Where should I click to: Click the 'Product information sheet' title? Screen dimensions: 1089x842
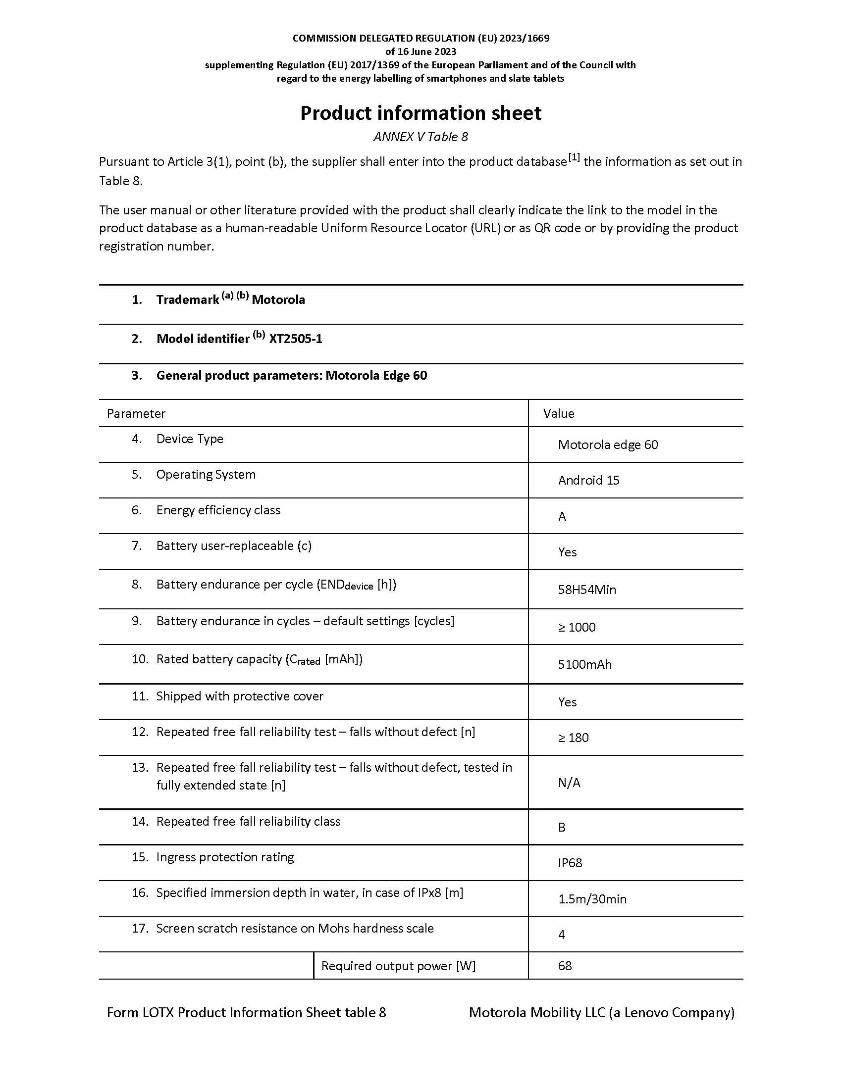tap(421, 113)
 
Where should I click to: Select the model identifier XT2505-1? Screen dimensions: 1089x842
tap(295, 339)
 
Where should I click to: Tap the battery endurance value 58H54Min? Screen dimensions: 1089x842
tap(586, 590)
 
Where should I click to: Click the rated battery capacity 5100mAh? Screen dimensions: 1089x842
tap(584, 665)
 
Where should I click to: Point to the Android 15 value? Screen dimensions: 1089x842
tap(588, 480)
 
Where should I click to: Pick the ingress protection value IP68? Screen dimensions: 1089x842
tap(570, 863)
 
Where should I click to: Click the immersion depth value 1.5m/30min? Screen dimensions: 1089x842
tap(592, 899)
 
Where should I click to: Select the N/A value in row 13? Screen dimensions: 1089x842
tap(569, 783)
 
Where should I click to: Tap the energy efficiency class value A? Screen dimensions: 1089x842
tap(562, 517)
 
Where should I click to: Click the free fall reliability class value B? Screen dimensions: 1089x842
tap(562, 828)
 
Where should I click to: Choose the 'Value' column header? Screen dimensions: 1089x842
tap(559, 413)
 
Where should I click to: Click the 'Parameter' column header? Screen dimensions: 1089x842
tap(136, 413)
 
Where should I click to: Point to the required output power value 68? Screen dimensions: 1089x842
tap(565, 966)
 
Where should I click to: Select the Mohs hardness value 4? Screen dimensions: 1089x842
tap(562, 935)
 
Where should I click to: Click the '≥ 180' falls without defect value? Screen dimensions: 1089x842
tap(573, 738)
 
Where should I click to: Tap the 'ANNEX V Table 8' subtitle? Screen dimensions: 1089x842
tap(421, 137)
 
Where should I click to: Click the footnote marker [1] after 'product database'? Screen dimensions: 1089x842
tap(574, 157)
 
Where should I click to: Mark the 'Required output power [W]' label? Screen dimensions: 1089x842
tap(398, 966)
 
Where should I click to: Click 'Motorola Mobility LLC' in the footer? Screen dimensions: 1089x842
tap(537, 1012)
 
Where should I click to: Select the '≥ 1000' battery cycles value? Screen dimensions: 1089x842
tap(577, 627)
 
